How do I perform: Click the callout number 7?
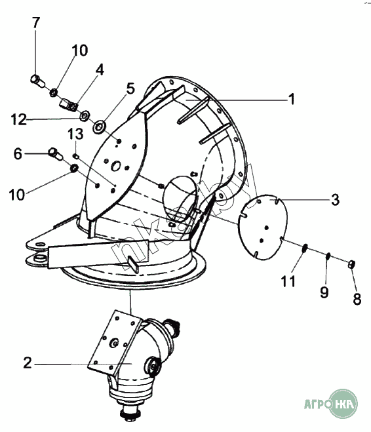[36, 22]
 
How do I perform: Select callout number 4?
[100, 69]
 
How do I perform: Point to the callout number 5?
[130, 88]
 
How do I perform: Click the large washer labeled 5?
[98, 128]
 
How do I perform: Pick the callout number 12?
[19, 120]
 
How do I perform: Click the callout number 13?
[75, 134]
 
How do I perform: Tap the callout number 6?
[18, 154]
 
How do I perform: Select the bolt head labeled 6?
[52, 152]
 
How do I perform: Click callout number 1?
[292, 99]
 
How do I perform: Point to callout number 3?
[335, 200]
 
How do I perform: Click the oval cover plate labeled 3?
[262, 227]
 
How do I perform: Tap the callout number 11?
[288, 281]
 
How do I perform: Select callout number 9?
[324, 292]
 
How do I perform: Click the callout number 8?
[357, 299]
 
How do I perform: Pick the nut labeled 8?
[351, 264]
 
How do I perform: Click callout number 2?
[28, 363]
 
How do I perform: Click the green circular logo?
[343, 404]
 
